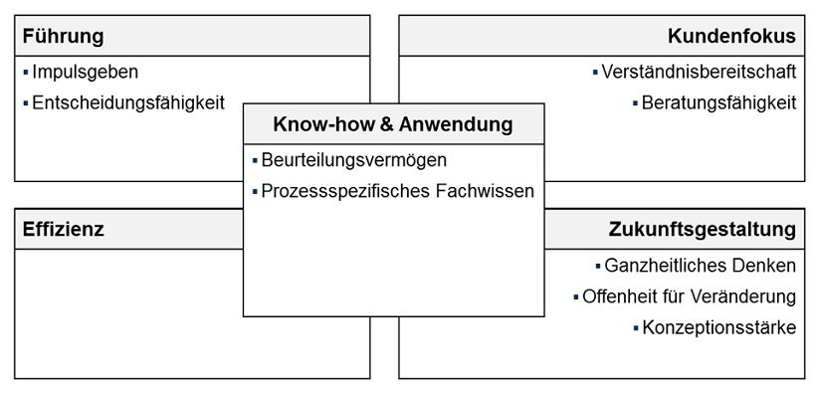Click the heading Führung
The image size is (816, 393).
click(x=62, y=37)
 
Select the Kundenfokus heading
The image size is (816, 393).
click(x=732, y=37)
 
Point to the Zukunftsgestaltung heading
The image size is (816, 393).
click(x=703, y=230)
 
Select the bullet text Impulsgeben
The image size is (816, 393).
click(x=85, y=73)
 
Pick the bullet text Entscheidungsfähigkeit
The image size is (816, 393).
click(x=128, y=102)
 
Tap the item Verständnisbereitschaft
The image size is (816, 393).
click(x=700, y=73)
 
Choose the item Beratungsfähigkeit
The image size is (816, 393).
click(x=719, y=102)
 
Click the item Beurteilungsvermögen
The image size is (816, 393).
click(x=354, y=160)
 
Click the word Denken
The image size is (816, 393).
click(x=766, y=266)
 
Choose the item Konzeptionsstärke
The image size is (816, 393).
click(x=719, y=327)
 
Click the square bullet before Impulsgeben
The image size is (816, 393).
click(x=24, y=73)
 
